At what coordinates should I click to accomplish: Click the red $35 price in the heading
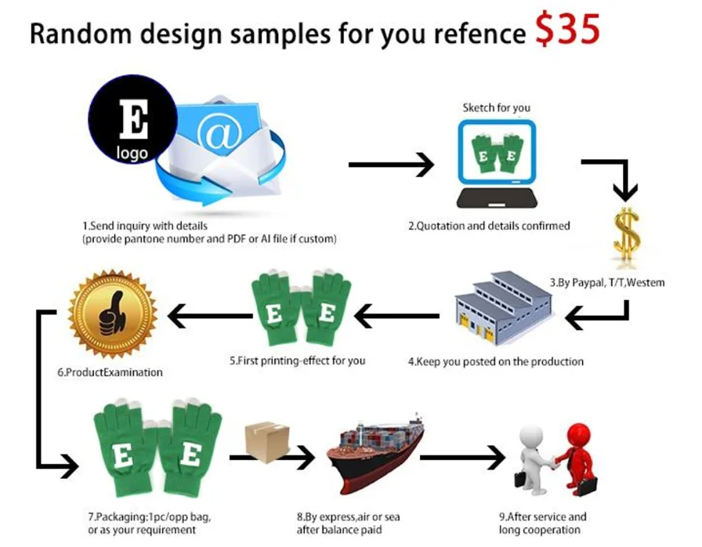pos(568,29)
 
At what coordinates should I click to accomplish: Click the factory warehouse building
pos(501,308)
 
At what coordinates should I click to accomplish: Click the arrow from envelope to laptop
pos(390,165)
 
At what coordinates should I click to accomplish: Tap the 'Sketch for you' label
pos(496,107)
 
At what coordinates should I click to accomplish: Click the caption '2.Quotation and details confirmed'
pos(488,226)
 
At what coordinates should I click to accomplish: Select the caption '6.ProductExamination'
pos(110,372)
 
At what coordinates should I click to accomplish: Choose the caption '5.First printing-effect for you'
pos(297,361)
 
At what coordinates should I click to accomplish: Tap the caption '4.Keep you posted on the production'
pos(496,361)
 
